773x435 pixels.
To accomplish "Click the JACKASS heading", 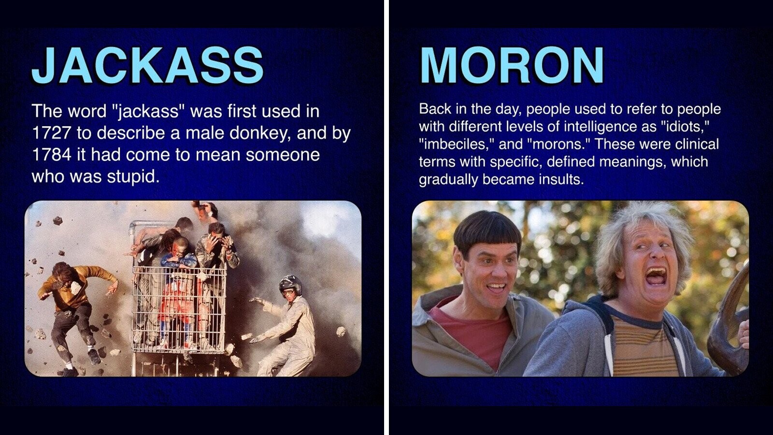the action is click(148, 66).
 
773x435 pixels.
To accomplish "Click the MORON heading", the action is click(512, 66).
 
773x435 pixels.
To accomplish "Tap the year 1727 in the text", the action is click(51, 133).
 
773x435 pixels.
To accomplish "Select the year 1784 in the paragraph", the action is click(51, 155).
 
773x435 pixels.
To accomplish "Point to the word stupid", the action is click(133, 177).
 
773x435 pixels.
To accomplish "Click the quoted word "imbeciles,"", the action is click(456, 144).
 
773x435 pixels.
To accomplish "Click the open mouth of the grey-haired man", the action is click(656, 276).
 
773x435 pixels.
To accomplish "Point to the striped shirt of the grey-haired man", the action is click(643, 345).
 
